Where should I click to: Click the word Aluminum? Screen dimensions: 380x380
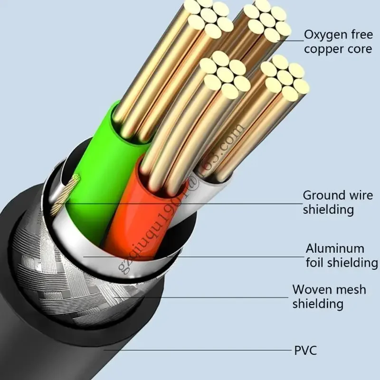(335, 248)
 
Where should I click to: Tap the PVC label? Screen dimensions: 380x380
(305, 351)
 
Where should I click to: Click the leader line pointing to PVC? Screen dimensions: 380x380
(199, 351)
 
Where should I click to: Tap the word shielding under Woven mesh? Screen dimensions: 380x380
(318, 304)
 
